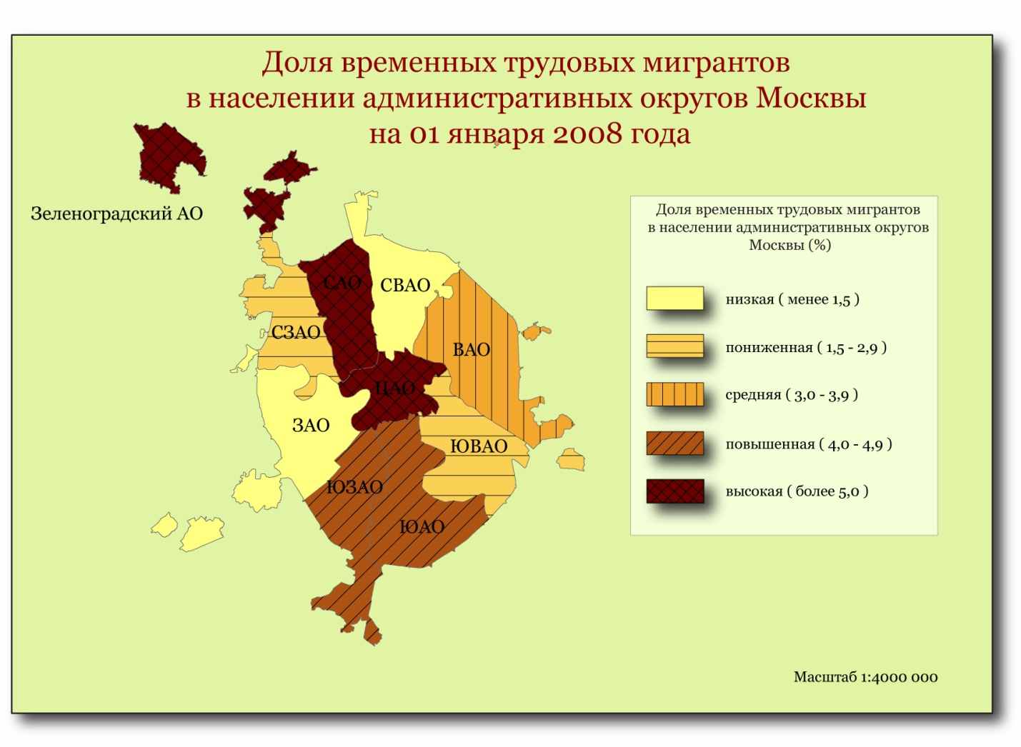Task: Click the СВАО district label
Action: (x=405, y=286)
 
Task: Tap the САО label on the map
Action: (x=342, y=283)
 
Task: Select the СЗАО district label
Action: (x=296, y=333)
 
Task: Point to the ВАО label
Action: (x=472, y=350)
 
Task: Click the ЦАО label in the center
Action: (x=395, y=388)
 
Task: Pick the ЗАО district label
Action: (x=311, y=426)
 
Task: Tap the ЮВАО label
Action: (x=479, y=446)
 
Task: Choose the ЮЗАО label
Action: (x=355, y=488)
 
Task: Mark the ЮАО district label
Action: (x=422, y=528)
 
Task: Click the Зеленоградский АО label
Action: (x=116, y=214)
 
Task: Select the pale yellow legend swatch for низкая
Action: (x=675, y=299)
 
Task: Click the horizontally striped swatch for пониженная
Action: (x=675, y=346)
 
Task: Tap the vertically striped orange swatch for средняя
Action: (x=675, y=394)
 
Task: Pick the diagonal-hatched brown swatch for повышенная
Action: (x=675, y=443)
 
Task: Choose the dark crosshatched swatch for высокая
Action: (x=675, y=491)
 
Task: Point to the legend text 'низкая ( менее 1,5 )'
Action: (x=792, y=300)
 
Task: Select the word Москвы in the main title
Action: (x=812, y=98)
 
